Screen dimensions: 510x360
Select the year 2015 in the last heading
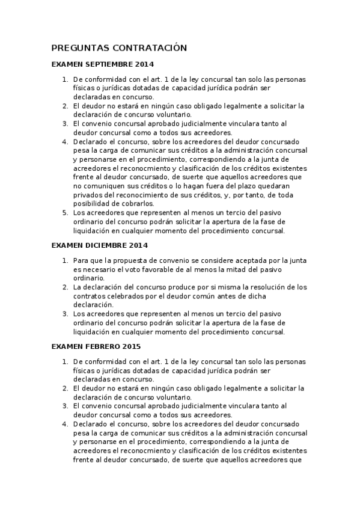[131, 346]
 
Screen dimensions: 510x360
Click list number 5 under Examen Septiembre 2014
[66, 212]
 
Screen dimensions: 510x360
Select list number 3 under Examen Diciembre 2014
[66, 313]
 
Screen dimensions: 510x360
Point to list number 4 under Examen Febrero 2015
[66, 424]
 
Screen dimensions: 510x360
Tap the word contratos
[90, 296]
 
